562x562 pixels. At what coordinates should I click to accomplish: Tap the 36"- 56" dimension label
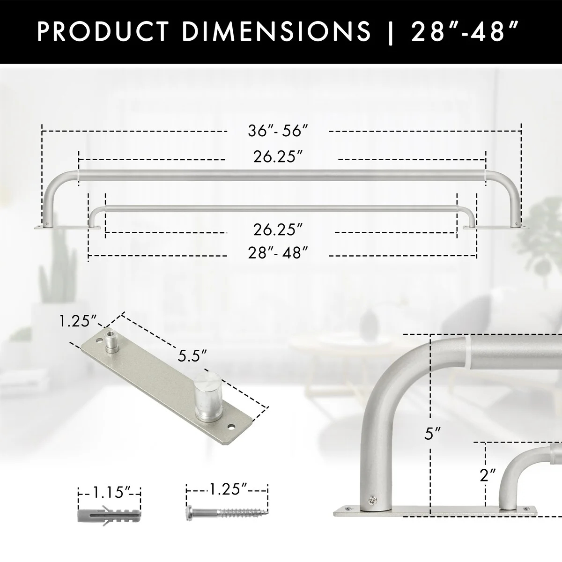pos(278,131)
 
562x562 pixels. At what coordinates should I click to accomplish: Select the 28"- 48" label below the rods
pos(278,252)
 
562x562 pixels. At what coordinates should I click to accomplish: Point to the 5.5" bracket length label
pos(192,356)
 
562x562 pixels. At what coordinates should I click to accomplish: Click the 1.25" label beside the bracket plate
pos(78,321)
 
